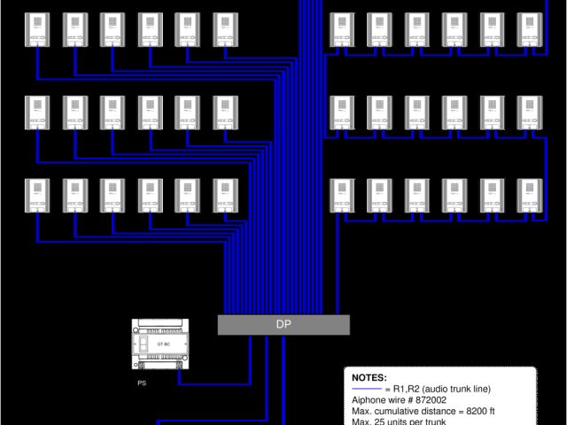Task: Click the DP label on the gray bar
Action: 283,325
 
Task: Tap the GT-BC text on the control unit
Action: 164,343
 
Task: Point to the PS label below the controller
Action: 142,383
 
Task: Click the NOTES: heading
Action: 369,378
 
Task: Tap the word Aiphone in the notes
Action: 369,400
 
